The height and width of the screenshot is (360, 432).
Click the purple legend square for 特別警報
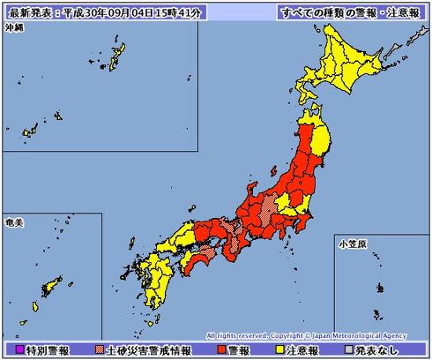7,350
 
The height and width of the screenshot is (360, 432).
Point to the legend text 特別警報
37,350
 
